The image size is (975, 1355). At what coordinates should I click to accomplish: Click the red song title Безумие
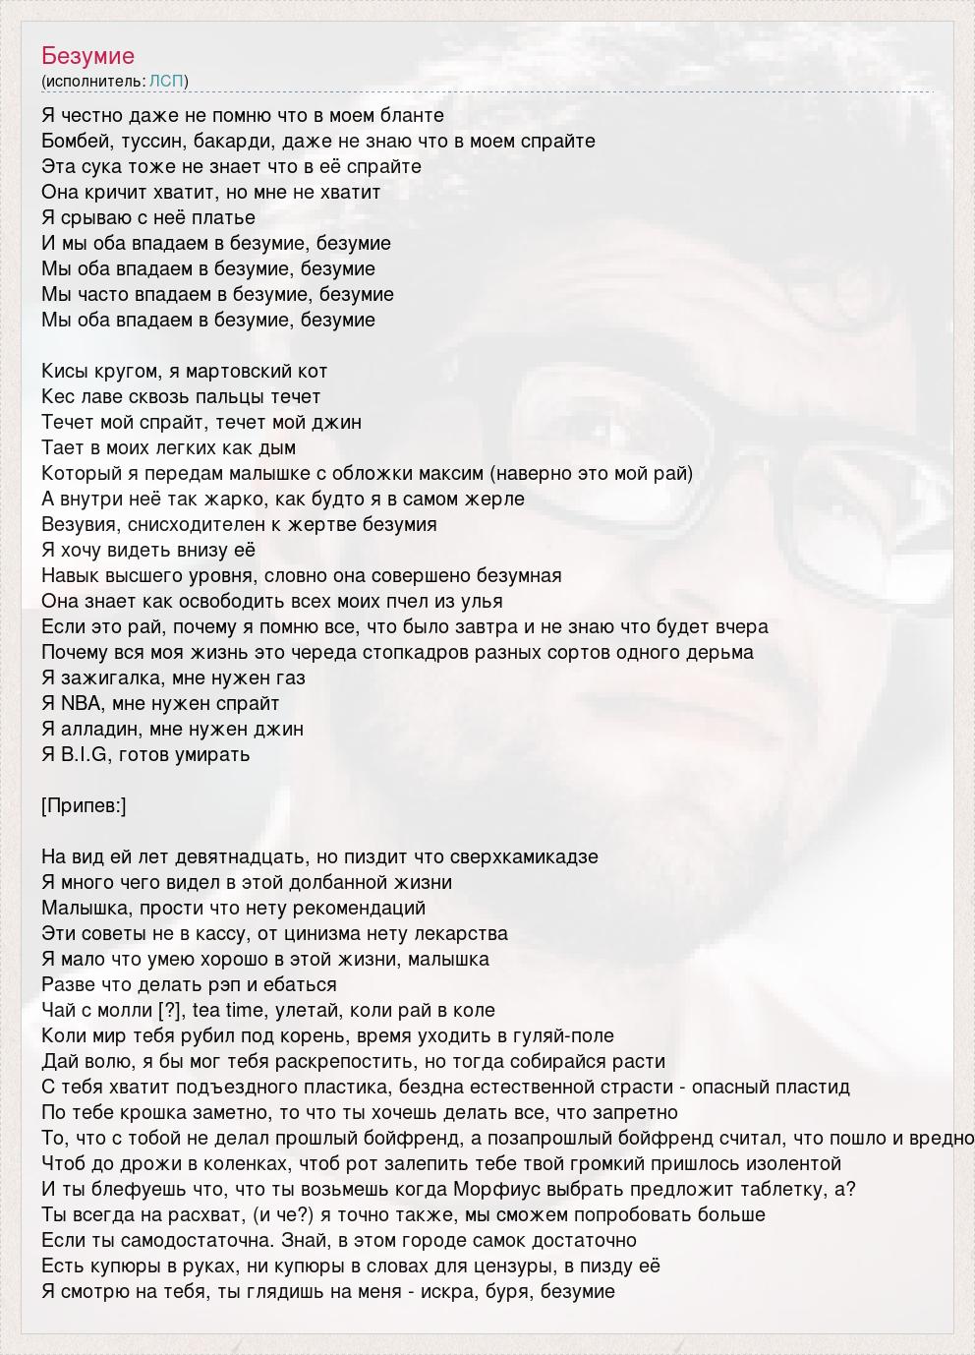tap(88, 55)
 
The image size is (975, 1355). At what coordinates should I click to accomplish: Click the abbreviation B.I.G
tap(83, 754)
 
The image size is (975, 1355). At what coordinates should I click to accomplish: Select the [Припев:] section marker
tap(85, 805)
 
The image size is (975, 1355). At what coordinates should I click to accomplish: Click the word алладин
tap(103, 729)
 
